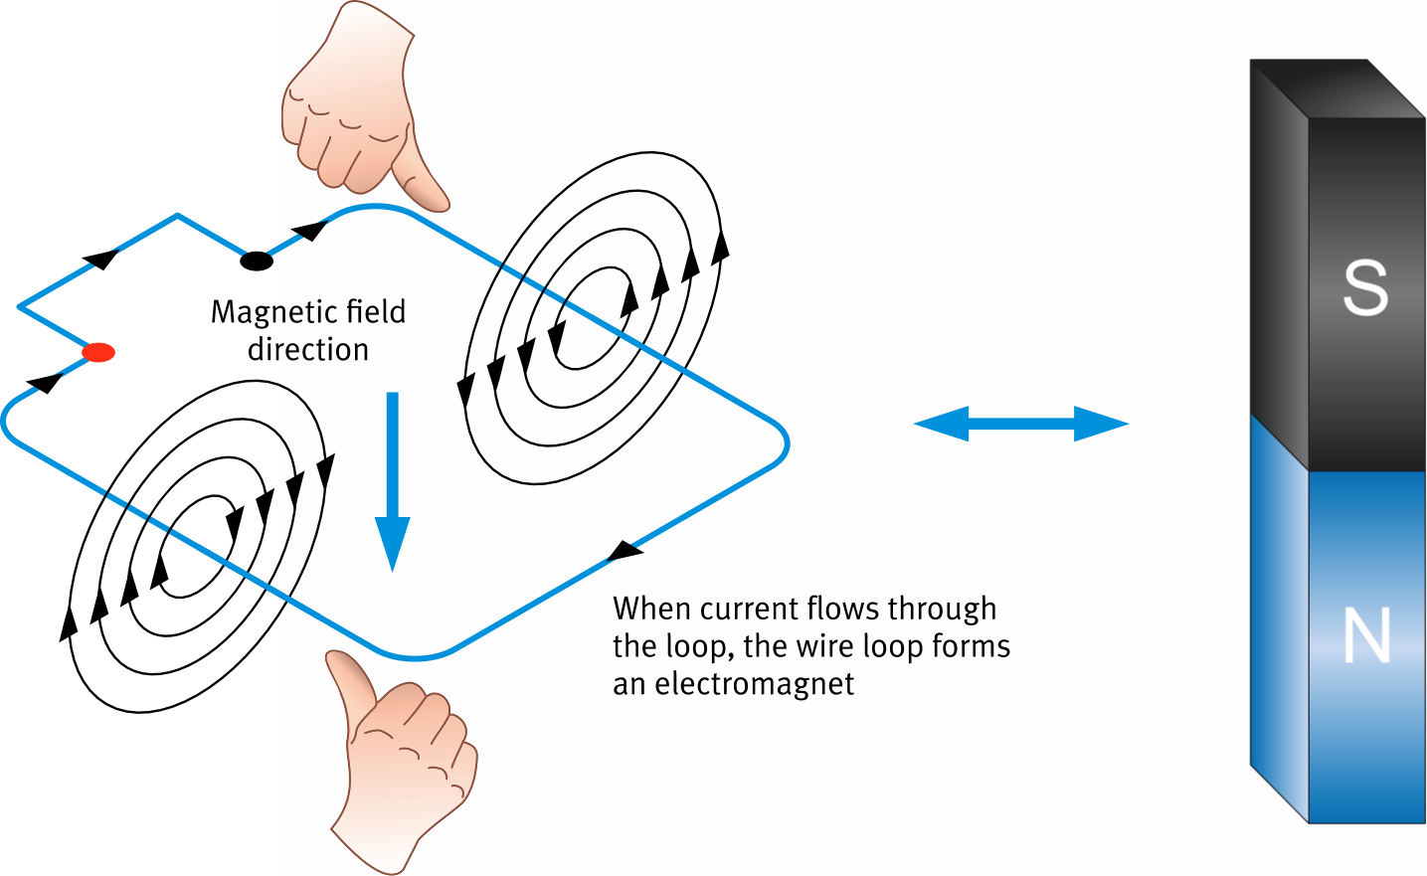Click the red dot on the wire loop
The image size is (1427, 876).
tap(98, 352)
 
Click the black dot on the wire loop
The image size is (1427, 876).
tap(257, 262)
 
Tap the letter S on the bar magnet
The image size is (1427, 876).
tap(1365, 287)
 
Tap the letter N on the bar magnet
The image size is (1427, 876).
tap(1366, 636)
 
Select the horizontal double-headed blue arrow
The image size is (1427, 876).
tap(1021, 424)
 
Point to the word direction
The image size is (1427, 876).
tap(308, 350)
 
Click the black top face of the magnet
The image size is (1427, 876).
tap(1338, 88)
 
